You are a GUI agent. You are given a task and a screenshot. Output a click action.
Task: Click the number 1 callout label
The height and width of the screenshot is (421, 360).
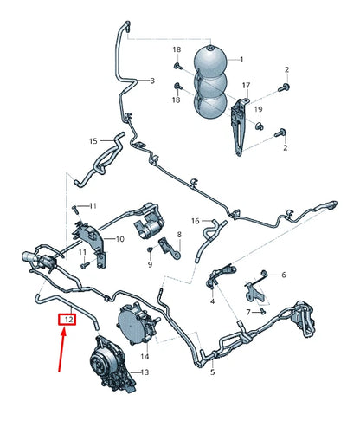[241, 59]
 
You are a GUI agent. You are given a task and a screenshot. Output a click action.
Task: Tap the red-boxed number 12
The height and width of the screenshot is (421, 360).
[67, 320]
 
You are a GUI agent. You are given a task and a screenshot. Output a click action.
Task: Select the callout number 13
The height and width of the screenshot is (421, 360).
[145, 372]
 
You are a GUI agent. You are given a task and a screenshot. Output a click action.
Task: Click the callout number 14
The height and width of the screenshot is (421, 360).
[145, 356]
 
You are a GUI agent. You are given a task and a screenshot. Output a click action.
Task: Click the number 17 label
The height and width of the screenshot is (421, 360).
[246, 85]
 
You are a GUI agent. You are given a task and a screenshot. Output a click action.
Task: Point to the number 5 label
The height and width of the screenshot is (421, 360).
[212, 372]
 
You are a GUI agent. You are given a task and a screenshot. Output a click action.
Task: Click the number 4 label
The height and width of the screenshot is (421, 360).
[212, 302]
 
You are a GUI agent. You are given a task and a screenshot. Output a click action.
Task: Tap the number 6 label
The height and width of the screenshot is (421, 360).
[283, 275]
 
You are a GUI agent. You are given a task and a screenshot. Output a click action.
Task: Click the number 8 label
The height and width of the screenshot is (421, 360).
[179, 235]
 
